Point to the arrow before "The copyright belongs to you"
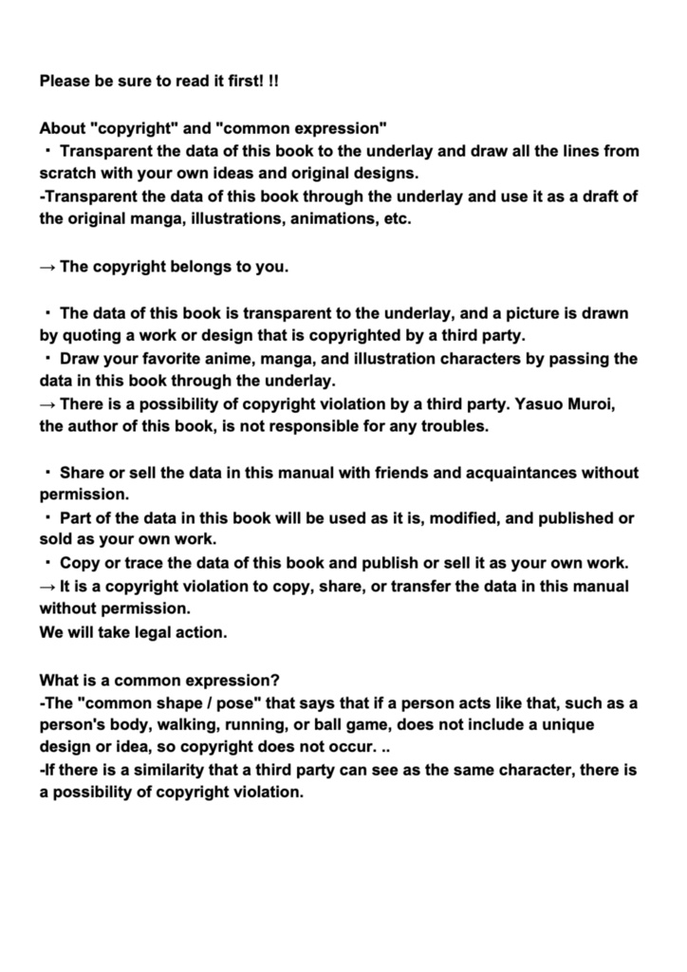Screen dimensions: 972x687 tap(47, 267)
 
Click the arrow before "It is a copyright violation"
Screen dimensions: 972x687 tap(47, 586)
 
